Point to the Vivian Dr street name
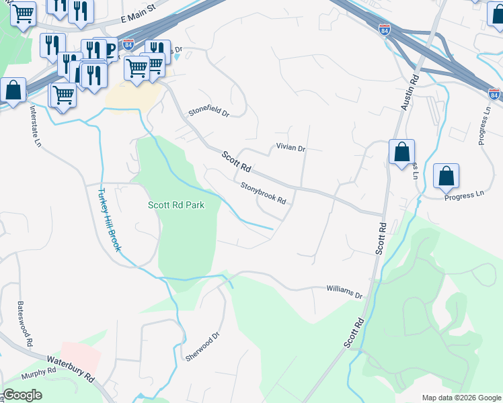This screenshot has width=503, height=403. click(x=291, y=148)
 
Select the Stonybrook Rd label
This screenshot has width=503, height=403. click(x=264, y=194)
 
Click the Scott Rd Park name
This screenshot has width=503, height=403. click(x=176, y=206)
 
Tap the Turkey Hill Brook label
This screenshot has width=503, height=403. click(x=109, y=219)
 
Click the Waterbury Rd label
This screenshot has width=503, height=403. click(x=70, y=365)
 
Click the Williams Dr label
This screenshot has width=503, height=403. click(x=344, y=293)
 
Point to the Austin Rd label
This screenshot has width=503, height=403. click(x=410, y=92)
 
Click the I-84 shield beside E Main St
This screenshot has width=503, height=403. click(x=128, y=45)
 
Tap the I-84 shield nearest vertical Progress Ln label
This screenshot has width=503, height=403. click(x=494, y=95)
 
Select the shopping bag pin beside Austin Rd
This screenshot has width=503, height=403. click(x=401, y=152)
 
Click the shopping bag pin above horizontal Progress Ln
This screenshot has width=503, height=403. click(x=446, y=177)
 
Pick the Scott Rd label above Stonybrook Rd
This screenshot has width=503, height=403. click(x=237, y=160)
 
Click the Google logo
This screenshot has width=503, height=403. click(x=22, y=395)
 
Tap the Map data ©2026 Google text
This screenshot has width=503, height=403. click(x=461, y=398)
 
